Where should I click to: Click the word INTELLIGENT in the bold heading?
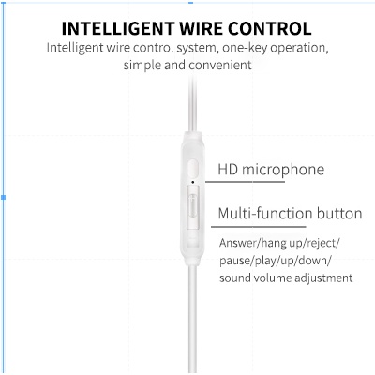[x=118, y=28]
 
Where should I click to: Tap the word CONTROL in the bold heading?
[x=269, y=28]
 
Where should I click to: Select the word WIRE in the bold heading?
[x=201, y=28]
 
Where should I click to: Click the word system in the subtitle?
[x=196, y=48]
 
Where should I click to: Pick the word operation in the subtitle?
[x=298, y=49]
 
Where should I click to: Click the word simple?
[x=142, y=66]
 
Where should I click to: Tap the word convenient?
[x=220, y=66]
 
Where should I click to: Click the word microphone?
[x=283, y=171]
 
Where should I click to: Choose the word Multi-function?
[x=265, y=214]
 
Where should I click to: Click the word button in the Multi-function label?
[x=339, y=214]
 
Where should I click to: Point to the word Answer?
[x=237, y=243]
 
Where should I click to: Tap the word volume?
[x=272, y=277]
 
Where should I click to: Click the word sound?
[x=234, y=277]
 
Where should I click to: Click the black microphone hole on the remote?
[x=193, y=182]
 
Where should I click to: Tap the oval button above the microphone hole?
[x=193, y=168]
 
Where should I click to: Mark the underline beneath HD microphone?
[x=245, y=182]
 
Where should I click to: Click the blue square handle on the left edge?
[x=4, y=197]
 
